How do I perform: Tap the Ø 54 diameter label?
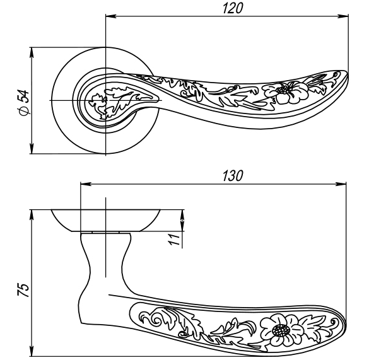tap(23, 102)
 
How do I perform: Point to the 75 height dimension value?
tap(22, 289)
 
